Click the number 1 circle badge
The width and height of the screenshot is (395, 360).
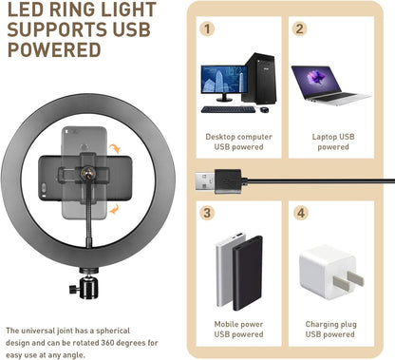(208, 28)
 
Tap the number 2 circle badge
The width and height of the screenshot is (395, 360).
(300, 28)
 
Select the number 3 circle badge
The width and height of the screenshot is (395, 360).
(208, 213)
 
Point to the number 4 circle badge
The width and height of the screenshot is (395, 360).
(300, 213)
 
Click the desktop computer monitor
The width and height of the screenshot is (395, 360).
(223, 83)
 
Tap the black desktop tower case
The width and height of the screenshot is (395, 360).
(258, 77)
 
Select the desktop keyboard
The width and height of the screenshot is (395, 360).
(227, 109)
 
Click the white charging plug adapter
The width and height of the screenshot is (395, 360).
(326, 275)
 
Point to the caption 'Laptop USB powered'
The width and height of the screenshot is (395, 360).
(332, 142)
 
